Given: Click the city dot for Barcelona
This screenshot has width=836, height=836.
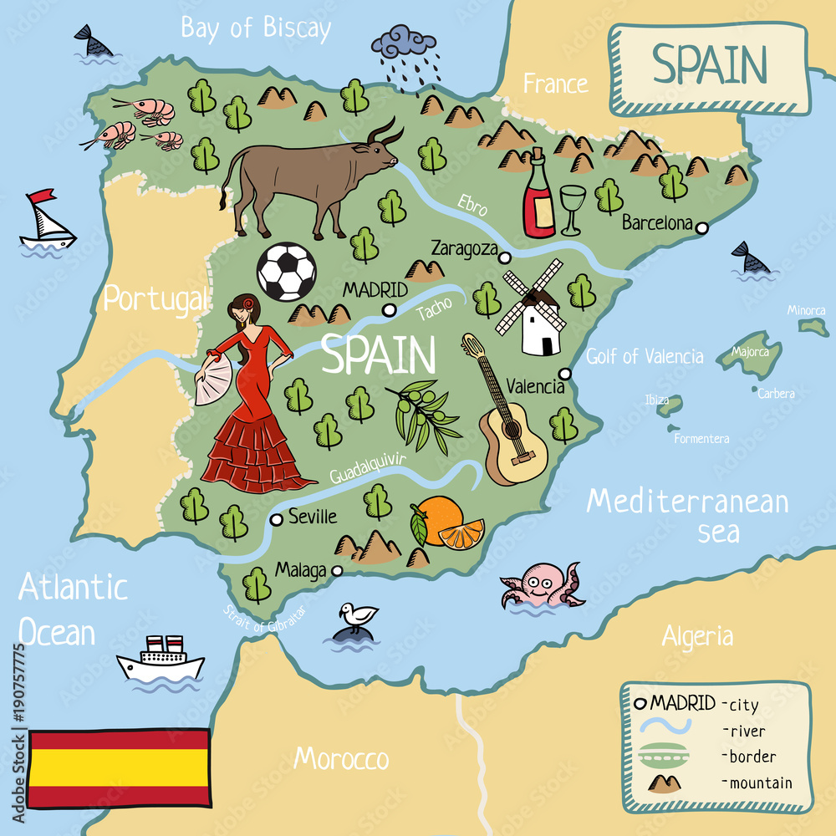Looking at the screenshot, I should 702,227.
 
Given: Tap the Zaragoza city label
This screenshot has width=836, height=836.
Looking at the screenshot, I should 464,248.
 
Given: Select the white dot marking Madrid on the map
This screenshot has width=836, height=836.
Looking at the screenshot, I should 388,310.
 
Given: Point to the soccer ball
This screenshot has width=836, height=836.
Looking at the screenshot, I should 286,272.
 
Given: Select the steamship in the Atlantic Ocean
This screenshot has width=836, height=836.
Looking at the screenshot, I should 161,660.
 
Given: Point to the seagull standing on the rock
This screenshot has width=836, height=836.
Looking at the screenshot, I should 358,617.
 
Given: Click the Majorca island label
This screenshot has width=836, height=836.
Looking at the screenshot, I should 750,352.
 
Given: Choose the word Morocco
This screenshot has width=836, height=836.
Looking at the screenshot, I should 341,758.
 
